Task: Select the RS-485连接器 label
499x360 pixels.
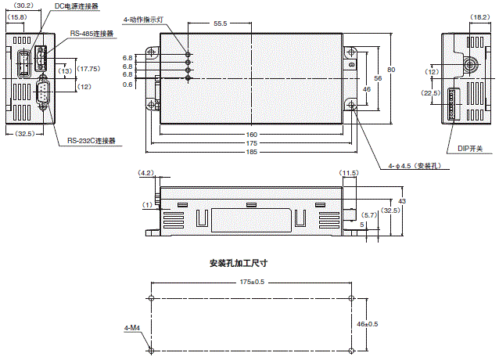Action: (x=92, y=34)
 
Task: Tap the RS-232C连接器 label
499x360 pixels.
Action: (x=91, y=141)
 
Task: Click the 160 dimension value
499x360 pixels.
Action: (x=252, y=134)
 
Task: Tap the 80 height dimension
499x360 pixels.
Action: (x=391, y=71)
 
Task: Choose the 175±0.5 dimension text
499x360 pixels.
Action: (x=253, y=282)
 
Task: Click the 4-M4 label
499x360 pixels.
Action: (x=131, y=328)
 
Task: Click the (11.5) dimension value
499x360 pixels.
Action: (x=348, y=172)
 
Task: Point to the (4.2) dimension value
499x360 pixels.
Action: (x=145, y=172)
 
